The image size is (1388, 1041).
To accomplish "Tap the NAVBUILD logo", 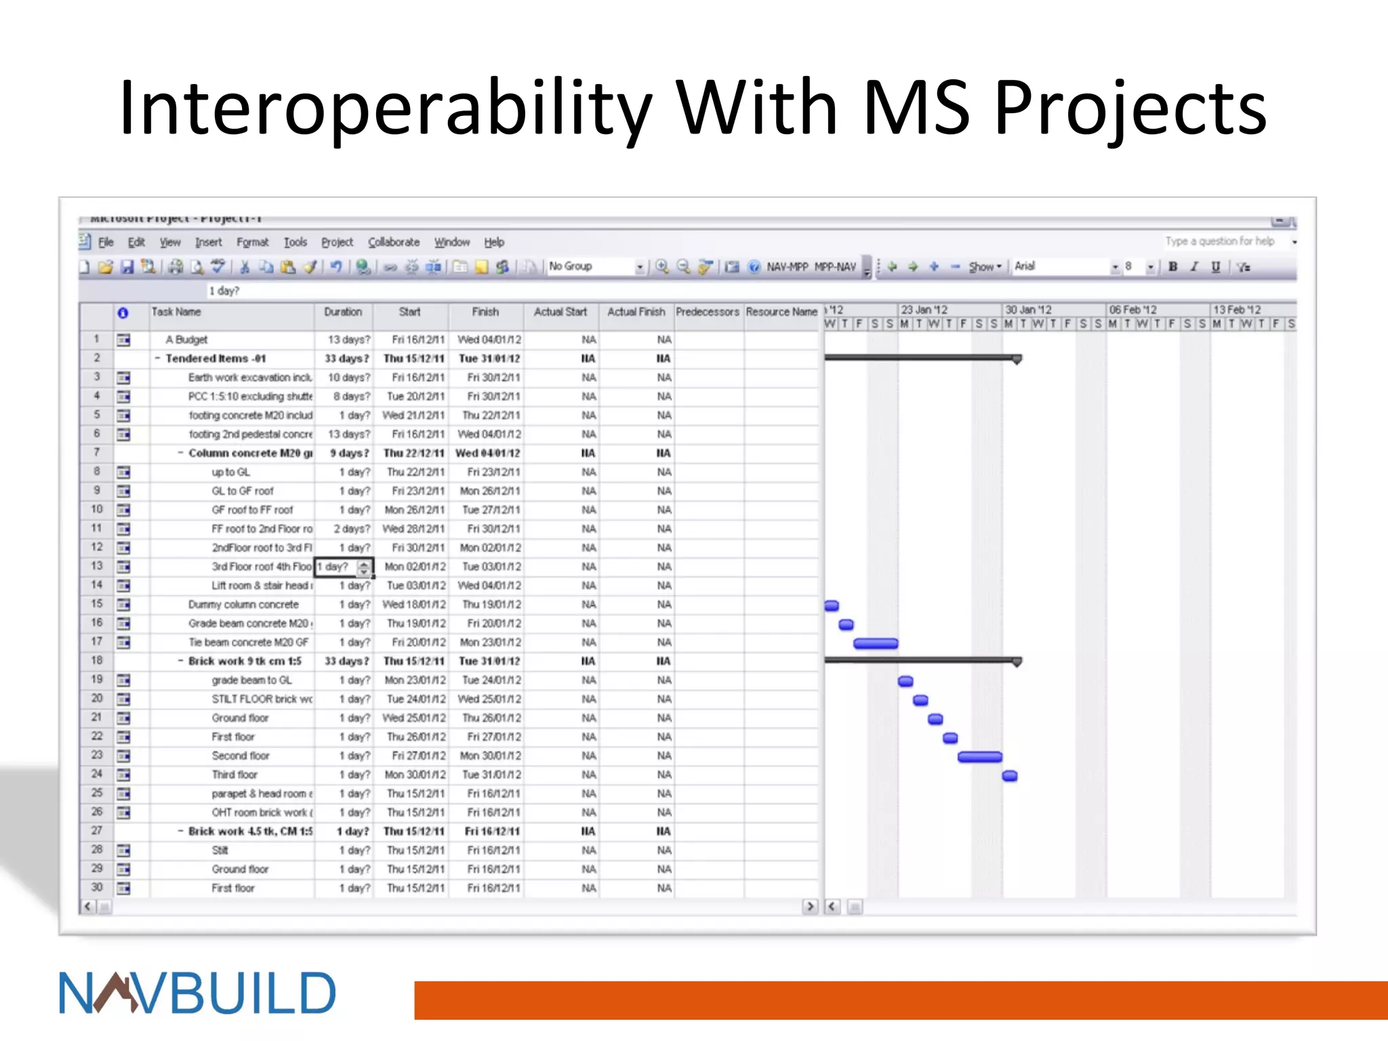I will point(197,994).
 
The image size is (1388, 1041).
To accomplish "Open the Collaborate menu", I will point(394,242).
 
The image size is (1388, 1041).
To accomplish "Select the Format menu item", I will point(252,242).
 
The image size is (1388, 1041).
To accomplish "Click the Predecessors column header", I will point(707,312).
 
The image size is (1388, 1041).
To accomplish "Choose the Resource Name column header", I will point(781,312).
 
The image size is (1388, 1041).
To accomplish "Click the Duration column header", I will point(343,312).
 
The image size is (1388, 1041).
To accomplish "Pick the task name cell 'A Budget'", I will point(186,340).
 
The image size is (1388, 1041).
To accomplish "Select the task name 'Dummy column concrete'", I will point(243,605).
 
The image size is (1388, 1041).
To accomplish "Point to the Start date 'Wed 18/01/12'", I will point(414,605).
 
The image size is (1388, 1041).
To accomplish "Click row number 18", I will point(97,661).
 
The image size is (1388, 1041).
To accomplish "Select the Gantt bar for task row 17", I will point(876,643).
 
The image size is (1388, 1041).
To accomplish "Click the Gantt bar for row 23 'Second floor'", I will point(979,757).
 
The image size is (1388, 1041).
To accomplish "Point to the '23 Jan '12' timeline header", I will point(924,310).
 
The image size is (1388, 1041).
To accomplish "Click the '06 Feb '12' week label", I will point(1132,310).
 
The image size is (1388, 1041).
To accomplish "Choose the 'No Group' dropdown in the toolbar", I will point(595,266).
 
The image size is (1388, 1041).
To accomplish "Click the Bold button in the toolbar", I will point(1172,266).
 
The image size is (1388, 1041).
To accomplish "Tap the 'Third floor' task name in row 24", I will point(234,775).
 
